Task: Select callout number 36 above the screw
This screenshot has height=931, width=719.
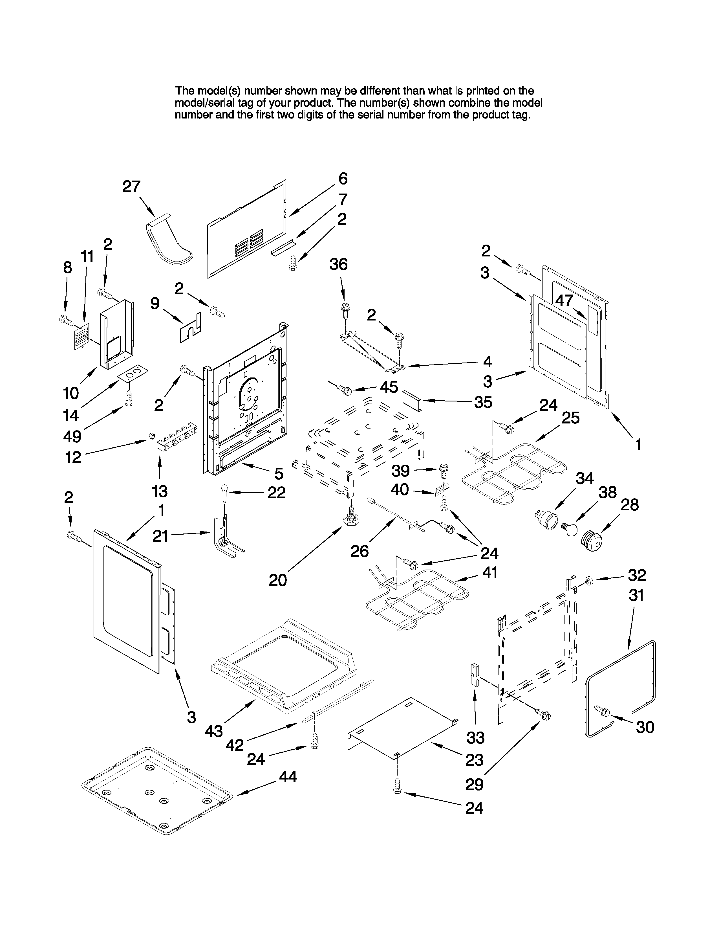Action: (339, 264)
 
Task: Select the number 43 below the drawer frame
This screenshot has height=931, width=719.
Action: (213, 732)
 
